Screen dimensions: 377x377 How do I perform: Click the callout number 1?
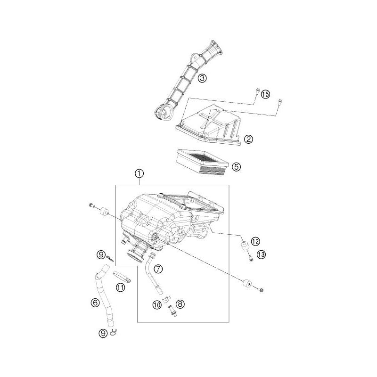pyautogui.click(x=139, y=173)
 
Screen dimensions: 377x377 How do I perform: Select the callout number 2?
pyautogui.click(x=248, y=139)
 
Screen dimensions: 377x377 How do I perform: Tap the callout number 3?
pyautogui.click(x=202, y=78)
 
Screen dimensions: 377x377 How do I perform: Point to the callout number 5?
pyautogui.click(x=237, y=166)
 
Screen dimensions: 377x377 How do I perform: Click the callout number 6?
pyautogui.click(x=95, y=303)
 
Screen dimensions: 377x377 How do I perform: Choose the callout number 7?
pyautogui.click(x=158, y=269)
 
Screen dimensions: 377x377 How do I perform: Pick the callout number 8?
pyautogui.click(x=180, y=304)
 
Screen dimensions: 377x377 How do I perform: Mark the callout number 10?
pyautogui.click(x=157, y=305)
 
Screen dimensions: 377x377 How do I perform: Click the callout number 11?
pyautogui.click(x=121, y=287)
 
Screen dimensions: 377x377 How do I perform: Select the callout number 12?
pyautogui.click(x=255, y=241)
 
